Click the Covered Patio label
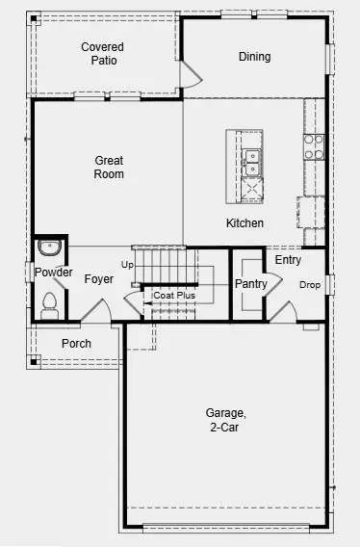pos(102,53)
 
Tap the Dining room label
pos(254,57)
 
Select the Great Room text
pos(109,168)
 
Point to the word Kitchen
pos(244,223)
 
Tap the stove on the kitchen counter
pos(314,145)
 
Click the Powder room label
pos(53,273)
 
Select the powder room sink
pos(49,248)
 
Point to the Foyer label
pos(98,279)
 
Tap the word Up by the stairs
pos(127,264)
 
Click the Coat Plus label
pos(174,296)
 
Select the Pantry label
pos(250,283)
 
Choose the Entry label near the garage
pos(288,260)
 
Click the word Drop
pos(309,285)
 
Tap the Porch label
pos(76,344)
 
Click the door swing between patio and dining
pos(191,69)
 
